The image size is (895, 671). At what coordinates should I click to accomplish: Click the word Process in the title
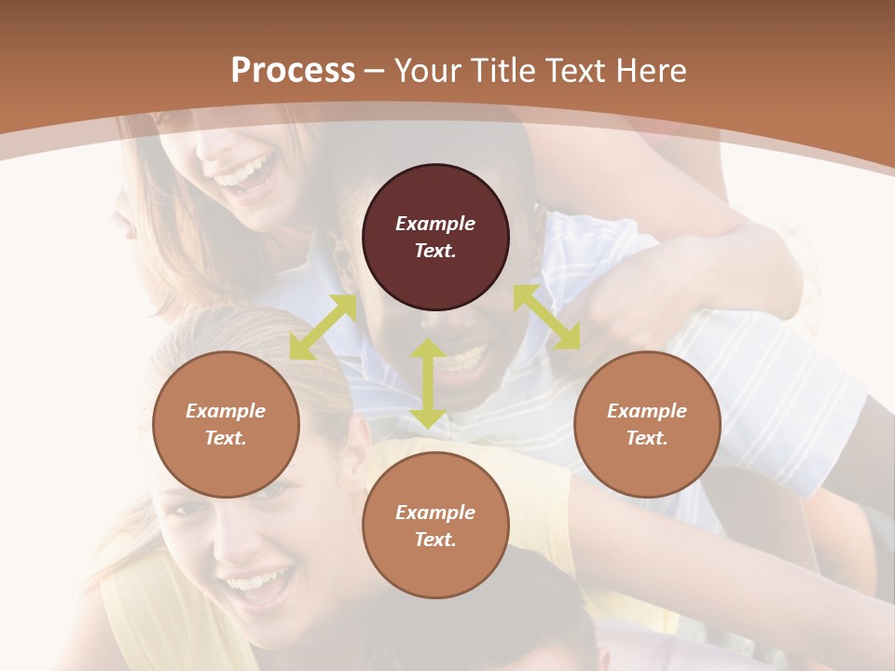[293, 71]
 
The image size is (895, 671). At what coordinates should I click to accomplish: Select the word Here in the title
[653, 71]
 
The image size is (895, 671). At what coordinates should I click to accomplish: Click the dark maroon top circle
[435, 238]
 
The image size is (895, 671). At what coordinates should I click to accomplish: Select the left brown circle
[226, 425]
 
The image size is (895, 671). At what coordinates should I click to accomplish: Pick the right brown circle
[647, 425]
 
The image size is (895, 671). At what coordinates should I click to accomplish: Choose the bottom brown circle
[435, 526]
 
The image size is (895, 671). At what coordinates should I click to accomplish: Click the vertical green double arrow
[428, 383]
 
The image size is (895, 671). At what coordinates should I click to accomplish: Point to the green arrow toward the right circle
[546, 317]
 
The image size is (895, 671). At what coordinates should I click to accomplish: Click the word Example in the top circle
[435, 224]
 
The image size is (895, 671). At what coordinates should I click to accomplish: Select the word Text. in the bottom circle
[435, 540]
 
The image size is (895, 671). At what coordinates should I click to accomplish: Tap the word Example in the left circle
[226, 411]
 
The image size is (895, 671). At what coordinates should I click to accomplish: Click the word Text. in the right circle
[647, 438]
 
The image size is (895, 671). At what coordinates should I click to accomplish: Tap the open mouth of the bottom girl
[255, 585]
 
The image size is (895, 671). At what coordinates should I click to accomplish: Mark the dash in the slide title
[375, 71]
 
